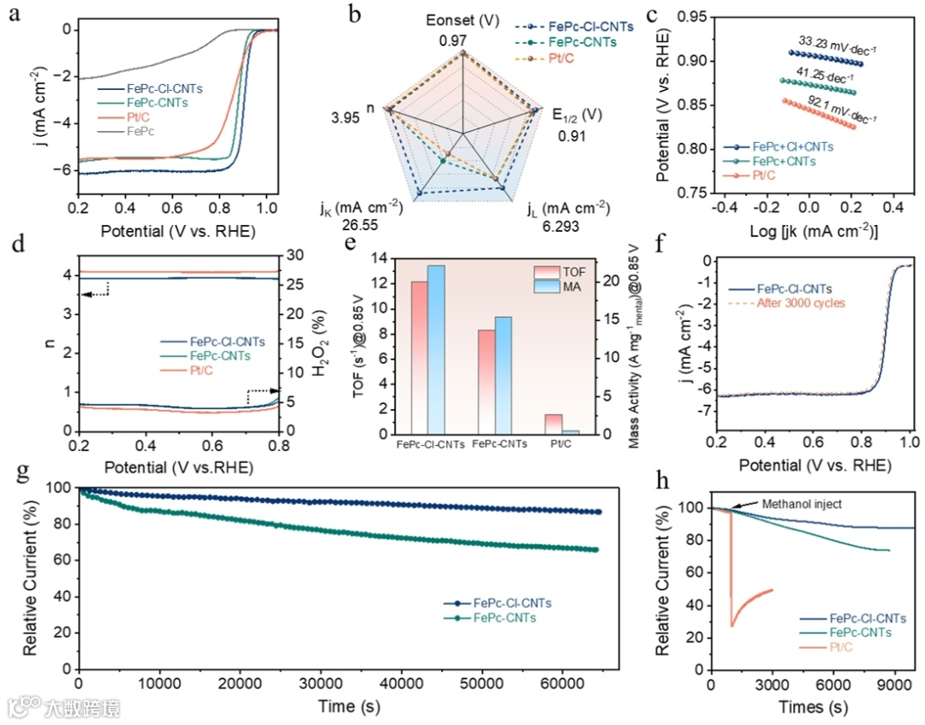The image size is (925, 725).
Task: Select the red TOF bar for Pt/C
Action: point(553,424)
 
